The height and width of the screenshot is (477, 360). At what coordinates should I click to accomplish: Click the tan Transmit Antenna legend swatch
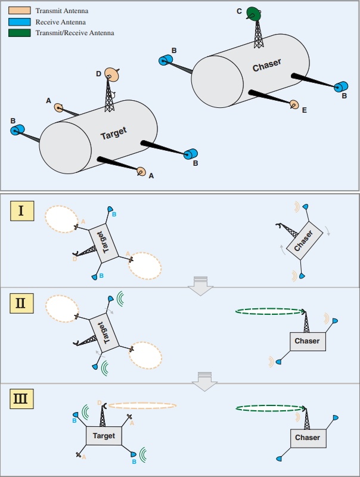tap(20, 10)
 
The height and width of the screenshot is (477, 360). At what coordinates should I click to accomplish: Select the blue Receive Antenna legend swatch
tap(20, 21)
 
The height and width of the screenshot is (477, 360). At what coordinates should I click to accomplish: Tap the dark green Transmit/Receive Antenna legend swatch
tap(20, 33)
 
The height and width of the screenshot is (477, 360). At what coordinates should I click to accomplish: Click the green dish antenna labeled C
tap(253, 13)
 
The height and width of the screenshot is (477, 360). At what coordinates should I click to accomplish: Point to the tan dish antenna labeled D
tap(111, 74)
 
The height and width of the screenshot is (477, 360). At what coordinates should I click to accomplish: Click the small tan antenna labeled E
tap(294, 104)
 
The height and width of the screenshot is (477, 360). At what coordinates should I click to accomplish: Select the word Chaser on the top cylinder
tap(266, 65)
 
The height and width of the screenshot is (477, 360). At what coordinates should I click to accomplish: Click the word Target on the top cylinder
tap(113, 133)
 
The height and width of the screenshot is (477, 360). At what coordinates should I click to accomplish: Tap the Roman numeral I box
tap(22, 211)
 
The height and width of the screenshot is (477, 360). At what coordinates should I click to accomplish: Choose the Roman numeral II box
tap(22, 303)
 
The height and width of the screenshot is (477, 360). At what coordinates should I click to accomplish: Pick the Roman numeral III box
tap(22, 398)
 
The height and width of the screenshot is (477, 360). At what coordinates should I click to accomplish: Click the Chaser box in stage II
tap(308, 341)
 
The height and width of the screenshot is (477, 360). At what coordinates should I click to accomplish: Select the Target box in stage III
tap(104, 436)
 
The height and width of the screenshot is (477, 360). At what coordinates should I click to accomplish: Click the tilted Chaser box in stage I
tap(305, 241)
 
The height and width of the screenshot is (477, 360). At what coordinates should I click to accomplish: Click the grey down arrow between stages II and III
tap(204, 381)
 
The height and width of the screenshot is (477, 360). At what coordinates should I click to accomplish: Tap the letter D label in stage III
tap(100, 403)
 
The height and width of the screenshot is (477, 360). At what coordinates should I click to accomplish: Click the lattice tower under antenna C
tap(259, 33)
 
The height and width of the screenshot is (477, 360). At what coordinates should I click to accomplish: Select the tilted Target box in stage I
tap(104, 243)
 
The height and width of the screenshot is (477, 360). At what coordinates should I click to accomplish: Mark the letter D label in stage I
tap(75, 259)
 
